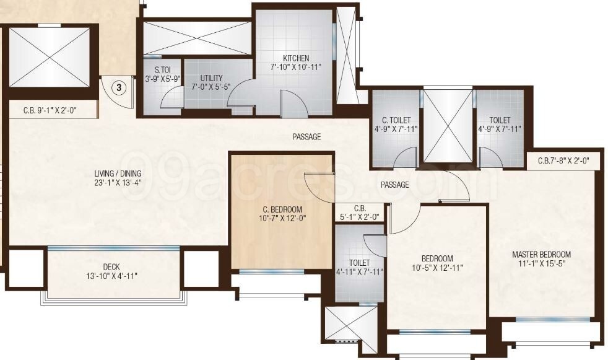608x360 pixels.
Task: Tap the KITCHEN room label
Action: coord(295,58)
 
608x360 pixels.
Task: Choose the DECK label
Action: coord(112,267)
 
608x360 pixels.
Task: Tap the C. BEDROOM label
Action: coord(281,209)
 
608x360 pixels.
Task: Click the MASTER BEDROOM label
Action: coord(541,255)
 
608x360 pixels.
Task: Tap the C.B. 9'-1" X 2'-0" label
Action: coord(53,112)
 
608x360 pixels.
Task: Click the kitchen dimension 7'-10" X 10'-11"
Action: coord(295,66)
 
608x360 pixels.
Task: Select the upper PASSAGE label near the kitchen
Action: coord(306,137)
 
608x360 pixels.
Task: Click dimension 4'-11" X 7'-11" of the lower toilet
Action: coord(359,271)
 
